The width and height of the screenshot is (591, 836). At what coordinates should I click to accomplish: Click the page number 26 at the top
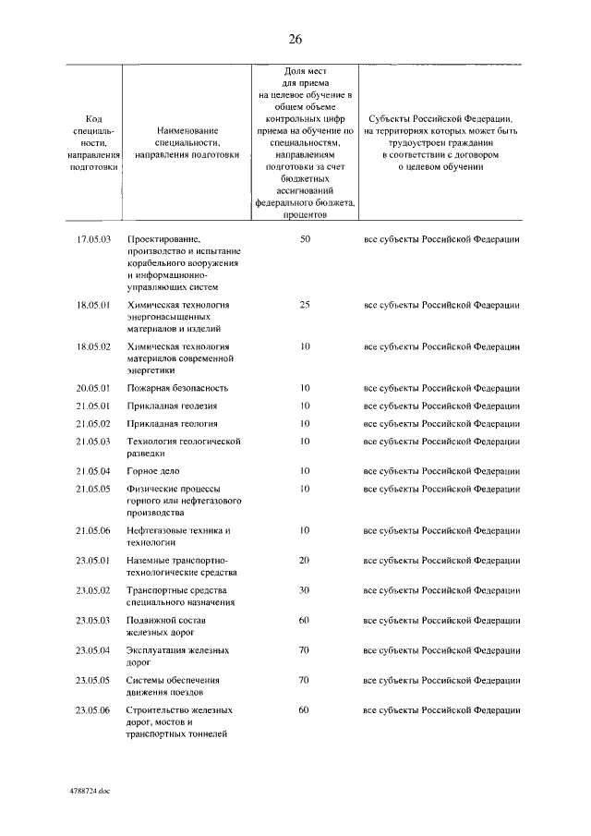pos(295,39)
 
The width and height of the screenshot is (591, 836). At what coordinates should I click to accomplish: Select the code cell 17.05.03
pos(93,239)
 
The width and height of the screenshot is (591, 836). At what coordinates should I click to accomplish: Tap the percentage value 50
pos(305,239)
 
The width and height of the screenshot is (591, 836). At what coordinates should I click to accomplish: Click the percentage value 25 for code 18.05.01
pos(305,304)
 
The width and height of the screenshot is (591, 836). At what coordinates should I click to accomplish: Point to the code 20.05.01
pos(93,388)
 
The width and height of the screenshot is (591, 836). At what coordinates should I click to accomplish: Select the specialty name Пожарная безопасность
pos(177,388)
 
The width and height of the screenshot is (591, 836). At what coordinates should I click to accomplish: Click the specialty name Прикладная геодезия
pos(173,406)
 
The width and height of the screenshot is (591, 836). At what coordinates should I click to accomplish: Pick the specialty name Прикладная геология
pos(173,423)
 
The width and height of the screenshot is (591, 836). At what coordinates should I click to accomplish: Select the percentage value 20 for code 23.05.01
pos(305,560)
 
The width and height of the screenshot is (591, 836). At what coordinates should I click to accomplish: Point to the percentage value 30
pos(305,590)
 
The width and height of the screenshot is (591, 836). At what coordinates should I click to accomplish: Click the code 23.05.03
pos(93,620)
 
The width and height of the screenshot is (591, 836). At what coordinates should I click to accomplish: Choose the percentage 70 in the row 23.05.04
pos(305,650)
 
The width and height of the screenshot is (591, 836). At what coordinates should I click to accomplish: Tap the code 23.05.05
pos(93,680)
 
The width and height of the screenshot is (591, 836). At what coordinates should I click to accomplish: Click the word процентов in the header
pos(305,213)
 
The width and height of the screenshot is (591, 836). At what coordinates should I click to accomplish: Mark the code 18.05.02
pos(93,345)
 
